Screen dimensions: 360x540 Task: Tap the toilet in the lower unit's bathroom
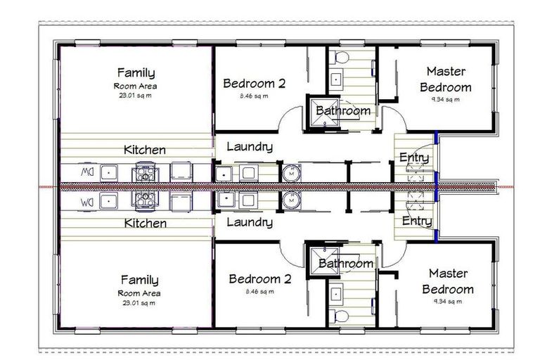[x=341, y=315]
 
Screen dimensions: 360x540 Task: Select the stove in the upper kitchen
[x=144, y=172]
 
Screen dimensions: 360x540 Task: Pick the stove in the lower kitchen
[x=144, y=200]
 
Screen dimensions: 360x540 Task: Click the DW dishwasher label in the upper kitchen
[x=86, y=171]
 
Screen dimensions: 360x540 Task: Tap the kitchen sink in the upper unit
[x=109, y=171]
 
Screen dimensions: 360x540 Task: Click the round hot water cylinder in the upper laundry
[x=290, y=172]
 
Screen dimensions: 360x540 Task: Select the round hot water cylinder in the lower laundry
[x=290, y=200]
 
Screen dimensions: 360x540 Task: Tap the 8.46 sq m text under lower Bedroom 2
[x=254, y=290]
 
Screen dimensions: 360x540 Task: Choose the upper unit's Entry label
[x=414, y=157]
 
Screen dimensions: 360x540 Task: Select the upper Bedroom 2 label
[x=254, y=83]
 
